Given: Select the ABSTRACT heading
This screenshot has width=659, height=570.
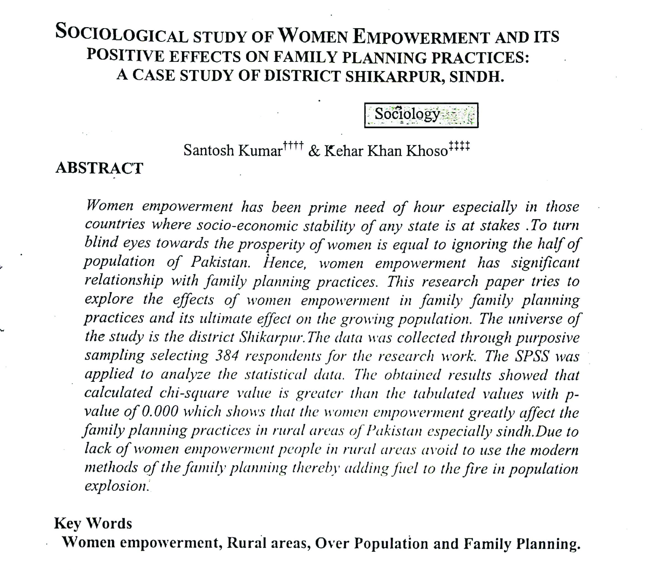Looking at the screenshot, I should [99, 168].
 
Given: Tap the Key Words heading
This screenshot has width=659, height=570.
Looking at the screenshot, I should [93, 523].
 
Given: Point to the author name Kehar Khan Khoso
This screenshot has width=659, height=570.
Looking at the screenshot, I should [386, 151].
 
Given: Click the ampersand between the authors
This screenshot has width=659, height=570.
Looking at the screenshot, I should [314, 151].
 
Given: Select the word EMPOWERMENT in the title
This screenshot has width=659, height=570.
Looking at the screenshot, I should [420, 36].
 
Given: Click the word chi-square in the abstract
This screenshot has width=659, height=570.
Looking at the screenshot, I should [194, 393].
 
